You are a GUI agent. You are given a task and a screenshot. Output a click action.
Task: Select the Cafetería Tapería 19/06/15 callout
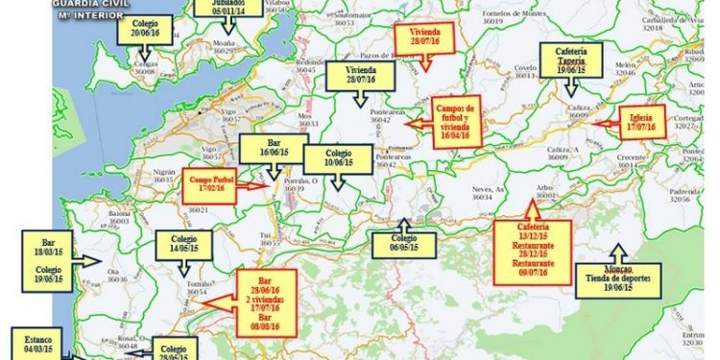[x=577, y=60]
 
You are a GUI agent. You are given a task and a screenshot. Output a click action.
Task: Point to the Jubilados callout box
[x=228, y=8]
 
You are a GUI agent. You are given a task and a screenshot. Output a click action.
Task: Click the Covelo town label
[x=524, y=68]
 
